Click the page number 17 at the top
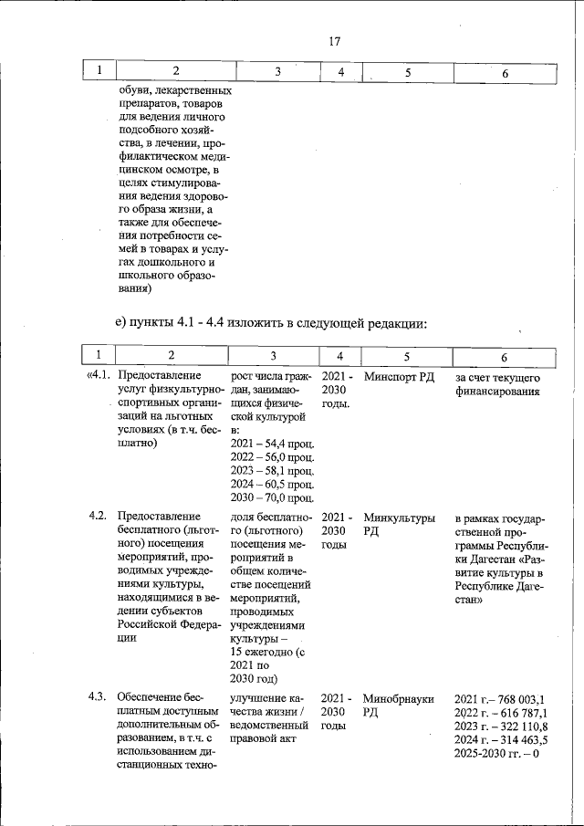334,41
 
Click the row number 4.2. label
99,517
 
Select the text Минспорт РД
398,377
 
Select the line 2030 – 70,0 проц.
273,497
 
